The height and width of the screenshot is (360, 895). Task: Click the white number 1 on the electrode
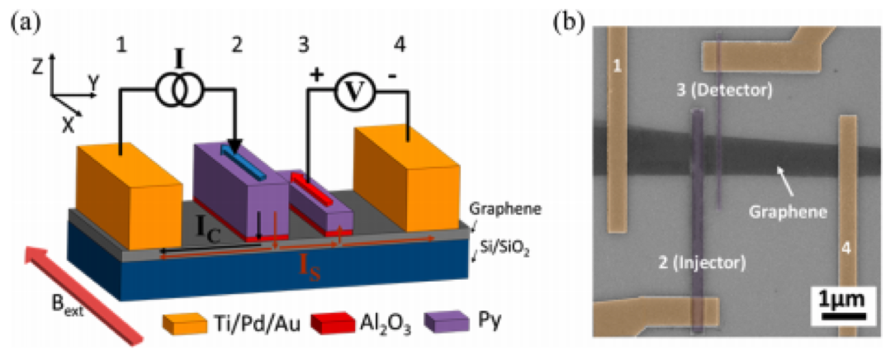(615, 65)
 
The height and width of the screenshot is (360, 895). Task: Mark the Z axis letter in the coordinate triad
(38, 69)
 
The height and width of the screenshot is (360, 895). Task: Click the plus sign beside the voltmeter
(316, 74)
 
